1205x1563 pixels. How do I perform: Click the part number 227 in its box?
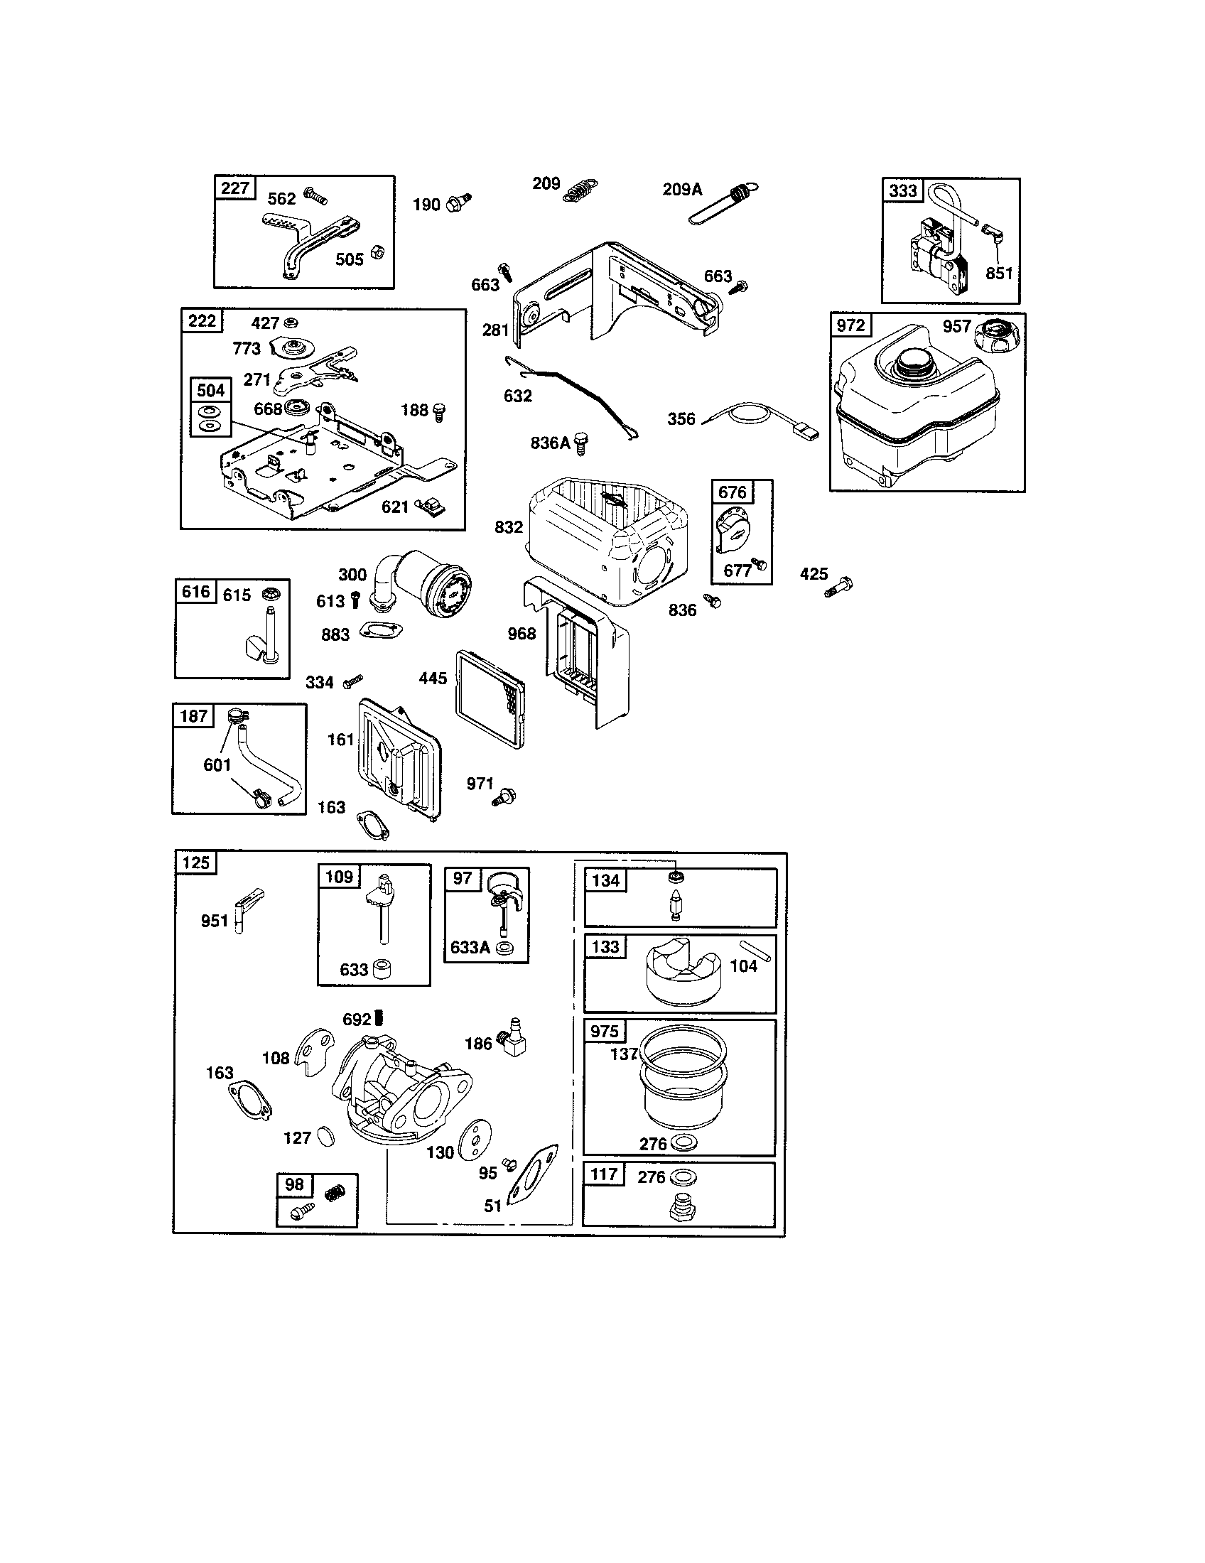click(x=234, y=188)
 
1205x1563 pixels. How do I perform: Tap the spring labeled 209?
click(x=581, y=191)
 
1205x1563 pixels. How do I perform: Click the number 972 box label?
click(x=850, y=325)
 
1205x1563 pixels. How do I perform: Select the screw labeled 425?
click(x=839, y=586)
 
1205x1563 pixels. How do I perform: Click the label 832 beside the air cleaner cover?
click(x=508, y=527)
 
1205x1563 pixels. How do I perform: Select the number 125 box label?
click(x=195, y=862)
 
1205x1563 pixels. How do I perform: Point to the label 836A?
click(x=549, y=443)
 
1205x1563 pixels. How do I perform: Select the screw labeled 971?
click(x=506, y=796)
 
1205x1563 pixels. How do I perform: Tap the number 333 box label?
click(x=903, y=190)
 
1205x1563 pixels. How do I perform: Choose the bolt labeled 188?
click(x=439, y=411)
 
